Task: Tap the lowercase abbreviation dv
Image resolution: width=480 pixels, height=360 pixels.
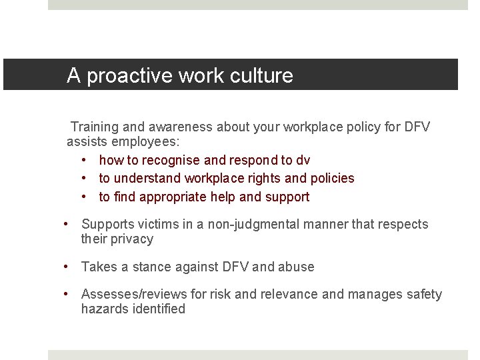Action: [303, 161]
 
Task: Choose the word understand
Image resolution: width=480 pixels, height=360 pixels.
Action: [143, 179]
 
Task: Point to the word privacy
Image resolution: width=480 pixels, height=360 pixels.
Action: [132, 239]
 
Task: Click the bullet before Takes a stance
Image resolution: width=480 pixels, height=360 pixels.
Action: [67, 267]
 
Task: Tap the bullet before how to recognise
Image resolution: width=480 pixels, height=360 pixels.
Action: [85, 161]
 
